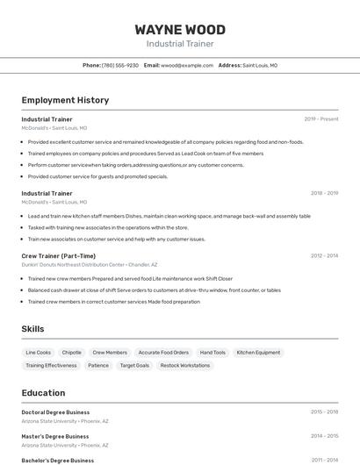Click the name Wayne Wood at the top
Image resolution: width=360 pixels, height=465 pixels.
pyautogui.click(x=180, y=30)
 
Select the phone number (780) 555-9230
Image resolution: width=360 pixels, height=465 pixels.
pyautogui.click(x=120, y=65)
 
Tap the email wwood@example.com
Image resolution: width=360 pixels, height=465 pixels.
pyautogui.click(x=188, y=65)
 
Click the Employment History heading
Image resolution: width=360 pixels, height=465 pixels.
pyautogui.click(x=65, y=100)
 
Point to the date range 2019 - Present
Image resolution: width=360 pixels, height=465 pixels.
pyautogui.click(x=320, y=118)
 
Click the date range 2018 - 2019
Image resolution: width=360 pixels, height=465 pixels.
pyautogui.click(x=324, y=193)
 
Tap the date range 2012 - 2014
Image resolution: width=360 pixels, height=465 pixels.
pyautogui.click(x=324, y=256)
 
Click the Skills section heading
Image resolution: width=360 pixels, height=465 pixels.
pyautogui.click(x=32, y=329)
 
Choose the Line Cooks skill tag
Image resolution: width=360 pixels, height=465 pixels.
pyautogui.click(x=39, y=353)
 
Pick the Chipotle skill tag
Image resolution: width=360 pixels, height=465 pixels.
pyautogui.click(x=72, y=353)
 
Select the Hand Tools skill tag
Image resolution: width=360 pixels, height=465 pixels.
pyautogui.click(x=212, y=353)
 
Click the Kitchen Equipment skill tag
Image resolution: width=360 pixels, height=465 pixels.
pyautogui.click(x=259, y=353)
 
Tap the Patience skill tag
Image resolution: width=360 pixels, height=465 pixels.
pyautogui.click(x=98, y=365)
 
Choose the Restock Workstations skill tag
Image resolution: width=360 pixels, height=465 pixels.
pyautogui.click(x=184, y=365)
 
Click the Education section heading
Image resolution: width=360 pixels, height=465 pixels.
pyautogui.click(x=43, y=393)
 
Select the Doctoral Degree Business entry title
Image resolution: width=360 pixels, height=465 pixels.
pyautogui.click(x=55, y=411)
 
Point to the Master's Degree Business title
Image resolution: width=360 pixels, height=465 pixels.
pyautogui.click(x=55, y=436)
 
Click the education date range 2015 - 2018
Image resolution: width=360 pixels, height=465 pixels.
pyautogui.click(x=324, y=411)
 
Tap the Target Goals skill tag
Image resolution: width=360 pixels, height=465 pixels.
pyautogui.click(x=134, y=365)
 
